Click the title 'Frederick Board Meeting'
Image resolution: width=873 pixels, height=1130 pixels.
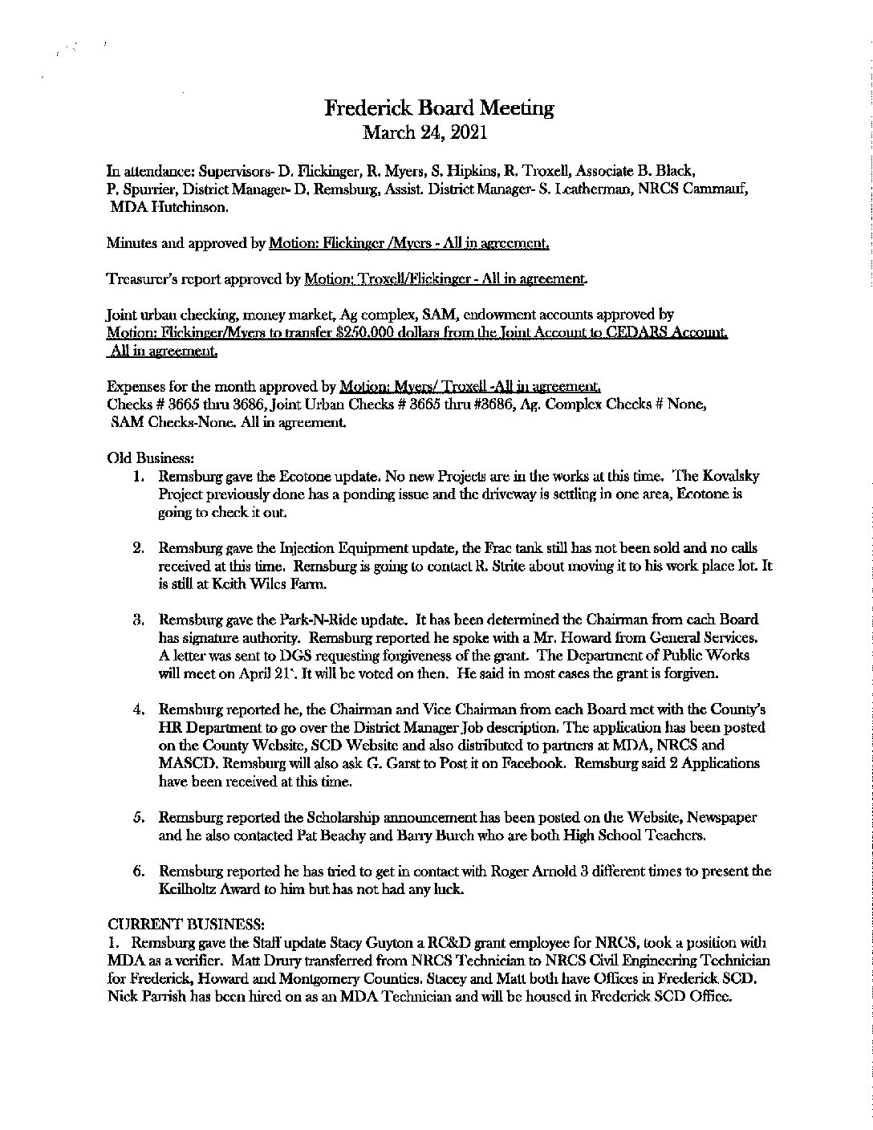coord(439,108)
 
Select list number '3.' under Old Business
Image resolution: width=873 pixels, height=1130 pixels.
coord(137,620)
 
